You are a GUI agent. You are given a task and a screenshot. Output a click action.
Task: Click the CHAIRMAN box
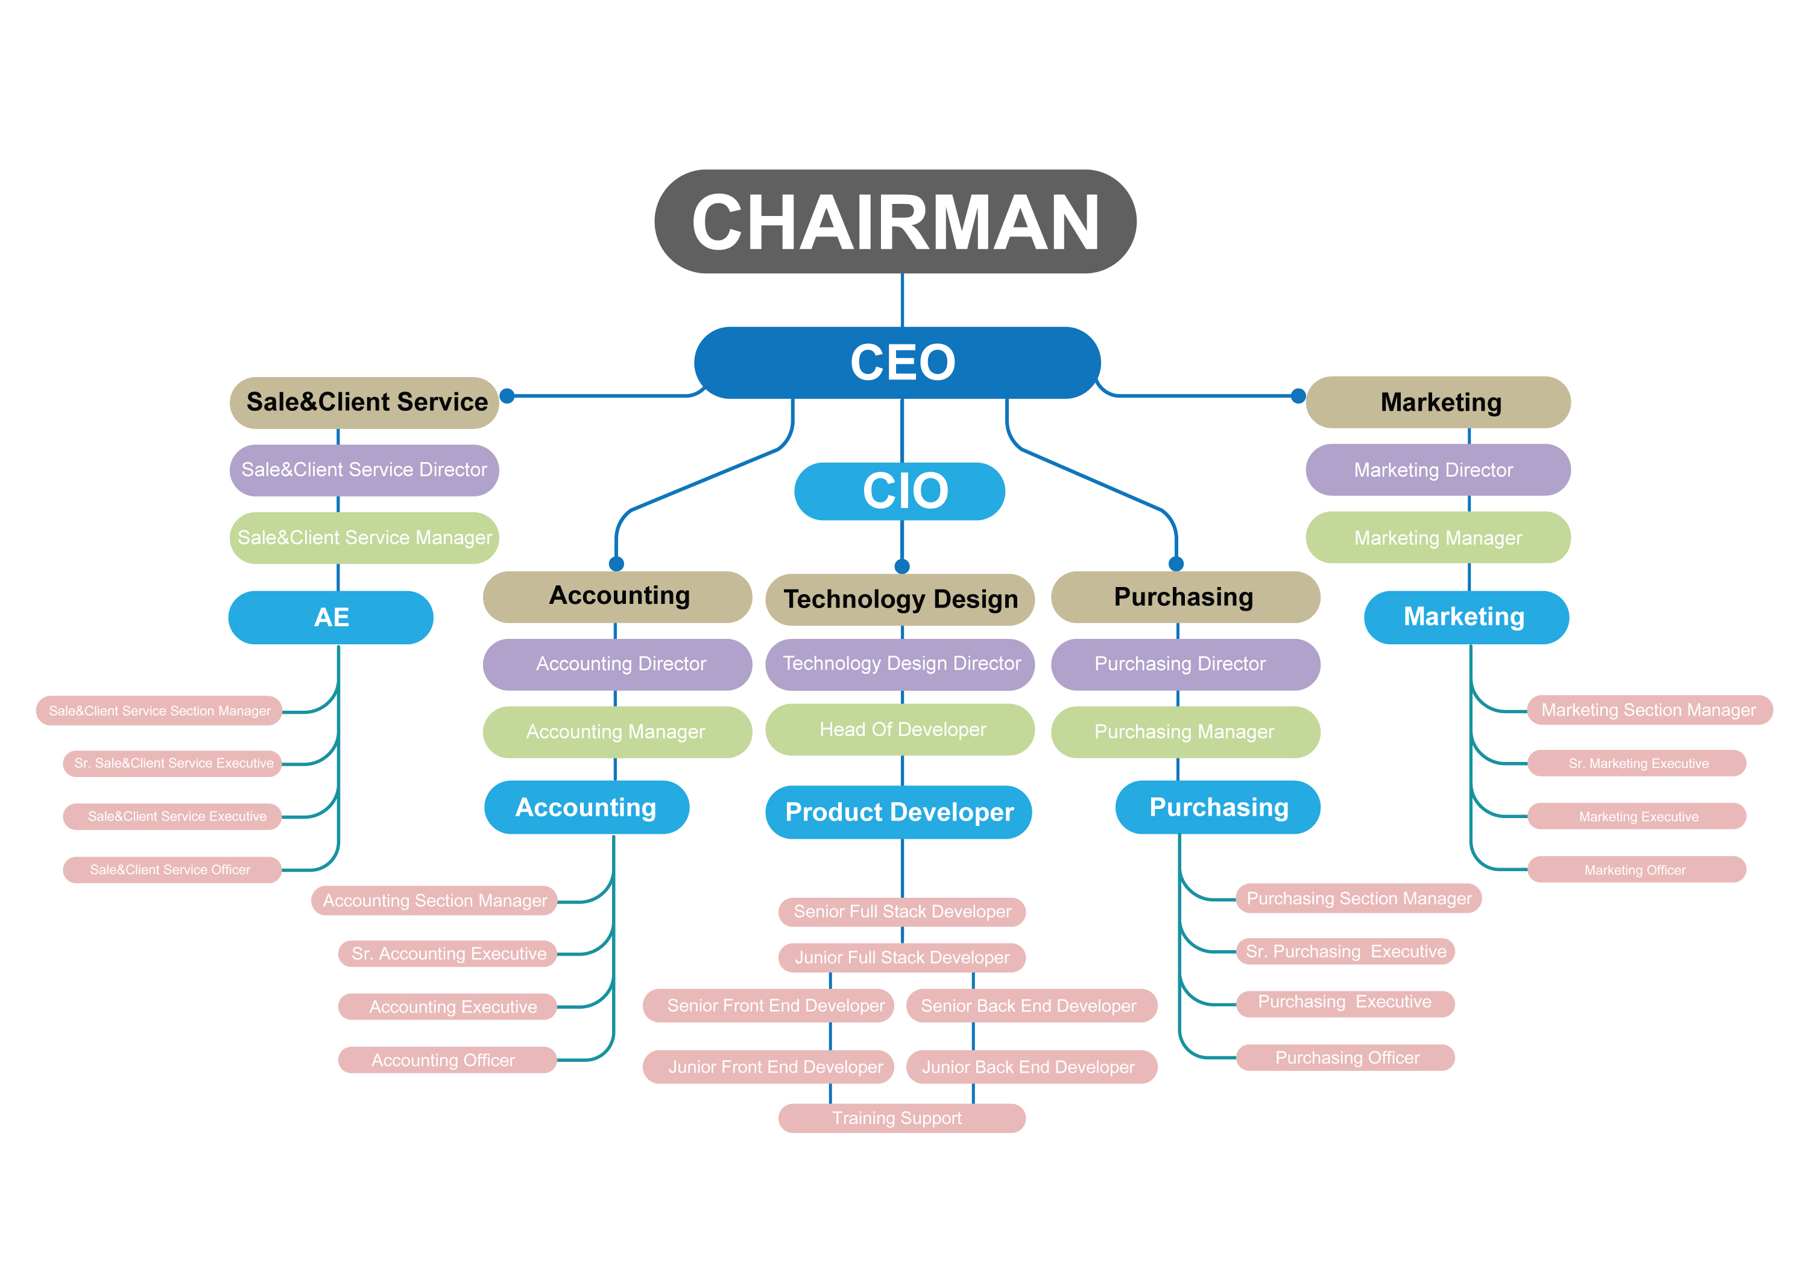(x=895, y=221)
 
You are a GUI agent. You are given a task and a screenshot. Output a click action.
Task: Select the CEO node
(x=897, y=363)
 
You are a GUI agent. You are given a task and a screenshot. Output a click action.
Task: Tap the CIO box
(x=900, y=491)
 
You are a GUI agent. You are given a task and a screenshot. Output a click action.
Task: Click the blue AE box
(x=331, y=617)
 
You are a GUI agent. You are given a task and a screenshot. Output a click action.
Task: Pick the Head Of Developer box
(x=900, y=730)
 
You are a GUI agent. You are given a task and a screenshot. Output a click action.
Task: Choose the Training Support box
(x=901, y=1119)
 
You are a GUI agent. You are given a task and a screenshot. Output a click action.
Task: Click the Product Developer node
(x=898, y=811)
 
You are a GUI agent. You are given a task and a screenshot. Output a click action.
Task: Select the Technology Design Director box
(x=900, y=664)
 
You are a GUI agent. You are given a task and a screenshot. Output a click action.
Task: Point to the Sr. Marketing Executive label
(x=1637, y=763)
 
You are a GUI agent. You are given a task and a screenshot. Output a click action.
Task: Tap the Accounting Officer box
(x=447, y=1060)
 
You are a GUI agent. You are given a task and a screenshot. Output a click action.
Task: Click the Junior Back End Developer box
(x=1031, y=1067)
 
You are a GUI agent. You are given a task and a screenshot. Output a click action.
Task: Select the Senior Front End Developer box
(x=768, y=1006)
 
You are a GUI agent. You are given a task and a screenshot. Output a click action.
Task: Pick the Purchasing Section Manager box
(x=1359, y=898)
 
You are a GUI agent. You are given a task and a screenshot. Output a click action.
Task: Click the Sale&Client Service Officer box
(x=172, y=870)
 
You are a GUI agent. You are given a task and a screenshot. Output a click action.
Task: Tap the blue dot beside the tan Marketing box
(x=1298, y=396)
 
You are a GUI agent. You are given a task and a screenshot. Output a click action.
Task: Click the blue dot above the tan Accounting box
(x=617, y=563)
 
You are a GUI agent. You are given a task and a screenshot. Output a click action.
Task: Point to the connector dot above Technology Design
(x=902, y=566)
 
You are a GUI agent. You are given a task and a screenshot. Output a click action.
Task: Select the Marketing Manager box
(x=1438, y=538)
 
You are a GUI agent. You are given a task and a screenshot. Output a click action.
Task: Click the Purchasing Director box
(x=1185, y=664)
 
